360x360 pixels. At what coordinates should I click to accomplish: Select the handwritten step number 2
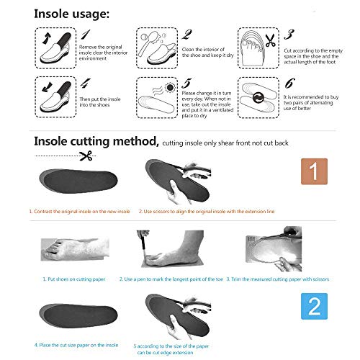[186, 34]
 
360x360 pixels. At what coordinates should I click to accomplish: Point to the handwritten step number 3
[289, 34]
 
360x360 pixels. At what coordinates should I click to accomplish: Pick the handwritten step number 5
[186, 84]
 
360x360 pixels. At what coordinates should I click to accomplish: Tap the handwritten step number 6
[289, 84]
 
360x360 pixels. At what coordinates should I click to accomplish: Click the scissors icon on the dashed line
[86, 156]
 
